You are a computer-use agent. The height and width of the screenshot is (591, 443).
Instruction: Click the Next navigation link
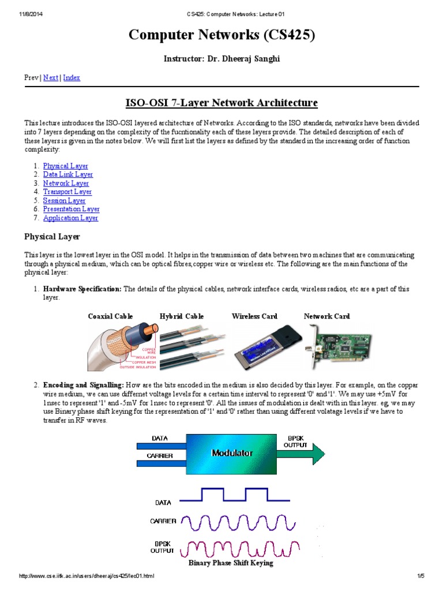point(51,77)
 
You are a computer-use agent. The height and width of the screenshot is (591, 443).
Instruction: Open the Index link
point(72,77)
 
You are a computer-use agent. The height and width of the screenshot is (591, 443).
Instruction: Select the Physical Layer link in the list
point(65,166)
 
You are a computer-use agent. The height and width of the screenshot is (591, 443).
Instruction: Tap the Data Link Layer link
point(67,174)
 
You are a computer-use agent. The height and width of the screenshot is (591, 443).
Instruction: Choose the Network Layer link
point(66,183)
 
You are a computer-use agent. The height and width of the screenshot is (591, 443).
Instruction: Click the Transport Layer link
point(67,192)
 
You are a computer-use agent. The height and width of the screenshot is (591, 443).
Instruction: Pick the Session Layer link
point(64,200)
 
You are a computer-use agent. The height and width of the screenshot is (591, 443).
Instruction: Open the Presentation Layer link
point(71,209)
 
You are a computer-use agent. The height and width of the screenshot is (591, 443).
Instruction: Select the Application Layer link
point(70,218)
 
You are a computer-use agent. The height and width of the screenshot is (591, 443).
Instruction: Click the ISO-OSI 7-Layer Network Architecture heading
point(221,103)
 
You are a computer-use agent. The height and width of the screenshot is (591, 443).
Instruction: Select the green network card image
point(338,346)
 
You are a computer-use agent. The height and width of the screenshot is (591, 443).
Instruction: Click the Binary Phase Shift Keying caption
point(231,563)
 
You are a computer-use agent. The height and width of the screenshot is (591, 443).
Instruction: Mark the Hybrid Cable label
point(182,316)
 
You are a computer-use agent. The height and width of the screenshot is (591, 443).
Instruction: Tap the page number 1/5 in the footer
point(421,576)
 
